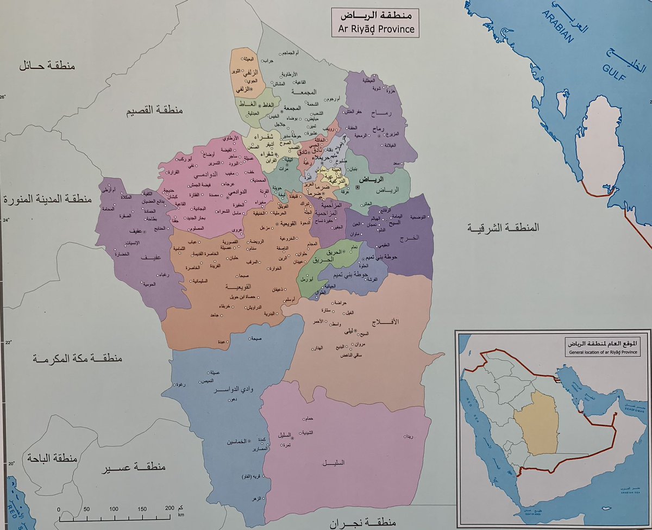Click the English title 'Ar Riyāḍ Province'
click(x=375, y=29)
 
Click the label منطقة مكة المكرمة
click(x=77, y=359)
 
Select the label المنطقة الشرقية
click(x=505, y=228)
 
